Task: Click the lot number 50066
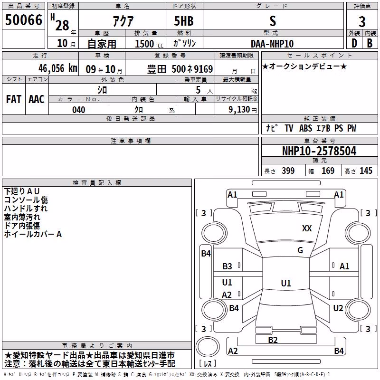(x=23, y=20)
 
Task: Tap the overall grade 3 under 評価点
(x=362, y=21)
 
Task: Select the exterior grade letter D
(x=354, y=43)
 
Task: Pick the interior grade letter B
(x=370, y=43)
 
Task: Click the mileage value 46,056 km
(x=58, y=68)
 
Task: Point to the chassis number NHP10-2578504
(x=319, y=151)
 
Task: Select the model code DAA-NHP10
(x=272, y=44)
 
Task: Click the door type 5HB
(x=184, y=21)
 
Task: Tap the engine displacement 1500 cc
(x=149, y=44)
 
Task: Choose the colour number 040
(x=78, y=110)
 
